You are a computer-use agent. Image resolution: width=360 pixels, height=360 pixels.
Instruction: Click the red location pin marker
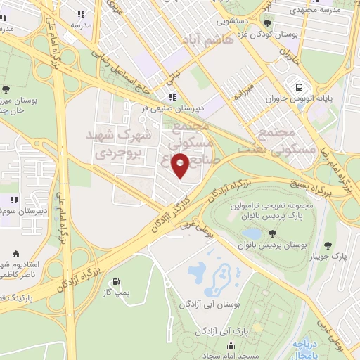[181, 165]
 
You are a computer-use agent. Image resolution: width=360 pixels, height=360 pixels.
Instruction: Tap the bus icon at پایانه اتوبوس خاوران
[300, 88]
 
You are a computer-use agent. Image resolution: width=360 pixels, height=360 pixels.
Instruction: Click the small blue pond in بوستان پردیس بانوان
[251, 233]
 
